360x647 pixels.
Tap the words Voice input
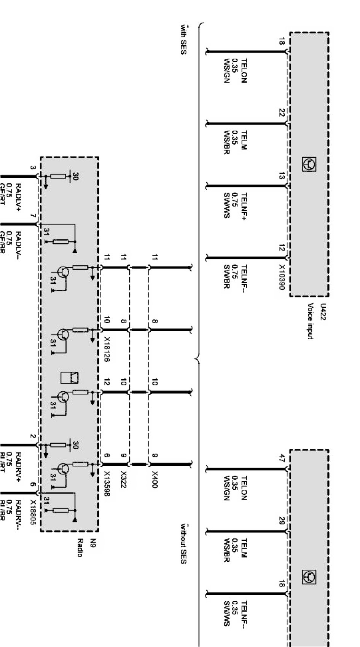point(311,321)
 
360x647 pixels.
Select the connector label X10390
point(282,278)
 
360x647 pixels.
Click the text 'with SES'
point(183,39)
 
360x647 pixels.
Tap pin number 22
point(282,113)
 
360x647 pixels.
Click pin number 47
point(282,457)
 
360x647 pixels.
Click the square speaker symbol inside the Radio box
point(70,377)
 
